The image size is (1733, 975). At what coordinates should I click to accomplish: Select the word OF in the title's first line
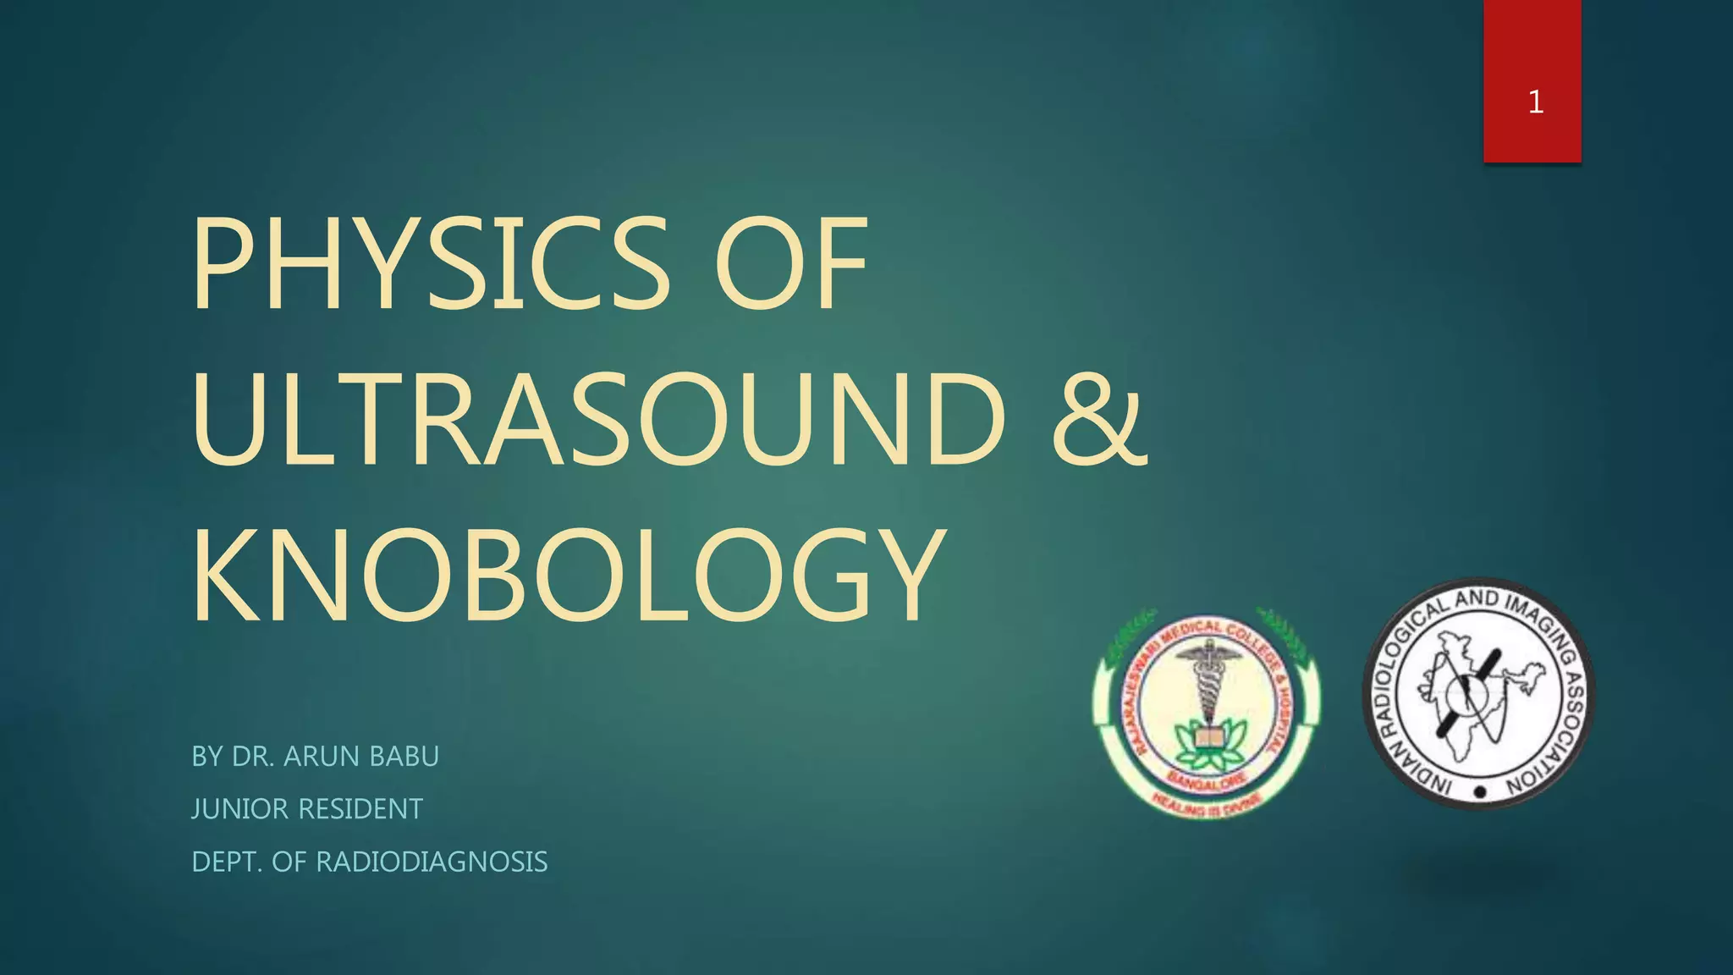(x=792, y=264)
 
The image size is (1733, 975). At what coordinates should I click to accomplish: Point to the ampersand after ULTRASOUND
(x=1099, y=419)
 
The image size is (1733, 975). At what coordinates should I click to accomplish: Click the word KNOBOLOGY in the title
(x=567, y=576)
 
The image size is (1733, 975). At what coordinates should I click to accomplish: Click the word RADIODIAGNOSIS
(x=432, y=862)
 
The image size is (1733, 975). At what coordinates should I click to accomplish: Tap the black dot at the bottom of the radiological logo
(x=1480, y=793)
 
